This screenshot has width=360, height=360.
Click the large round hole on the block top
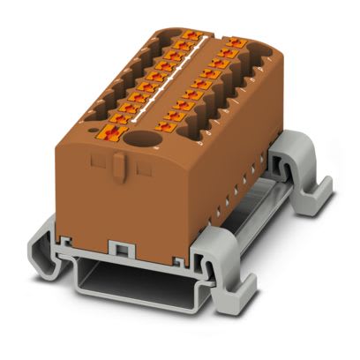pyautogui.click(x=139, y=139)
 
